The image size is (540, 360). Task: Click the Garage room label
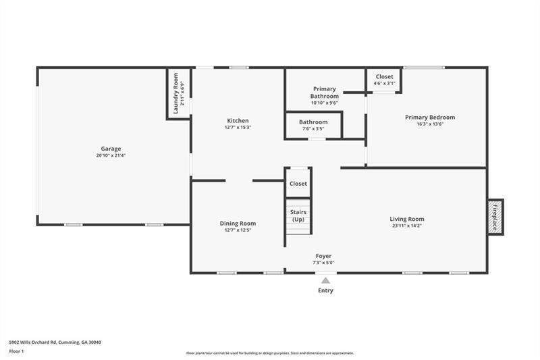coord(111,149)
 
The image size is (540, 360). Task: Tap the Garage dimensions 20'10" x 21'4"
coord(111,155)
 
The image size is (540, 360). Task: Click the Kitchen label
coord(237,121)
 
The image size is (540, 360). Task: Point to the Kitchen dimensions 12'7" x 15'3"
coord(237,128)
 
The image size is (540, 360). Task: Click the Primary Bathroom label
coord(324,93)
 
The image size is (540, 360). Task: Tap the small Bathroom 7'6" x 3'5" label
coord(313,122)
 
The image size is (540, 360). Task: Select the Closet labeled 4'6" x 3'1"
coord(384,77)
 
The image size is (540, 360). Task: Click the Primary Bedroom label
coord(430,117)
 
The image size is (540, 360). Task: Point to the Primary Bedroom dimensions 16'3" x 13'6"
coord(430,124)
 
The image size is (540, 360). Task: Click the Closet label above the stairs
coord(298,184)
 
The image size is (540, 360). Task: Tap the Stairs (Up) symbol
coord(298,216)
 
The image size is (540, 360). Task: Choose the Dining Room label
coord(238,224)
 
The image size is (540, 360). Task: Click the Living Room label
coord(407,219)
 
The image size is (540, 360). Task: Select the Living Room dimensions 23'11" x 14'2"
coord(407,226)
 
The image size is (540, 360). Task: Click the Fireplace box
coord(495,217)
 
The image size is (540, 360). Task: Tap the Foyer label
coord(324,256)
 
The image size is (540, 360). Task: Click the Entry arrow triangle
coord(325,280)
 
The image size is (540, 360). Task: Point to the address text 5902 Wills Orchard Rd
coord(53,342)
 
